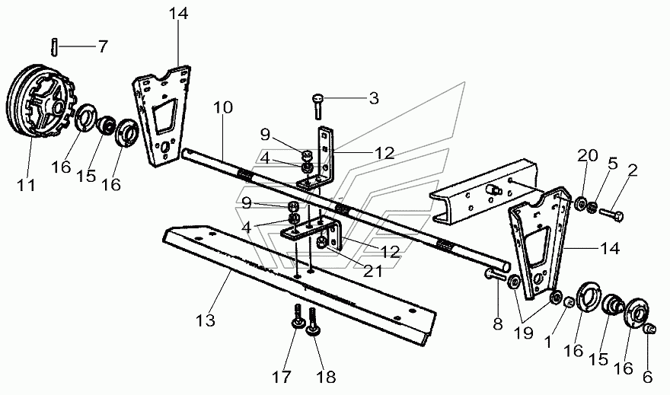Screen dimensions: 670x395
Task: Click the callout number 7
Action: click(103, 46)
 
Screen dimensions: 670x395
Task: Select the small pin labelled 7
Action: click(54, 46)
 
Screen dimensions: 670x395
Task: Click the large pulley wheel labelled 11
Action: click(40, 102)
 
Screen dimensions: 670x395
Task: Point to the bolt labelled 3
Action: click(318, 106)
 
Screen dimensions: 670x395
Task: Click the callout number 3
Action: click(374, 98)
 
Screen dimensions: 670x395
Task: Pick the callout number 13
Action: click(206, 320)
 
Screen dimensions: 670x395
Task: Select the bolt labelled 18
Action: click(313, 321)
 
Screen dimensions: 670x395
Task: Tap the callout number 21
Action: click(372, 271)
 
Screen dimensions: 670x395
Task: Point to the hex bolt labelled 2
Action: click(611, 213)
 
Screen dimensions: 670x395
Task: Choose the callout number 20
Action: click(588, 155)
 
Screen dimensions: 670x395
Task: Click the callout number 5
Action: click(613, 163)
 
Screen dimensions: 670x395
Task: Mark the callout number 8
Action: click(498, 323)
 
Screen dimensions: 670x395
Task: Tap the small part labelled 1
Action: click(568, 303)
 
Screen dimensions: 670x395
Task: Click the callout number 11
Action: click(26, 186)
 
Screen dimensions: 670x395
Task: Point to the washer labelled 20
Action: click(580, 203)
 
